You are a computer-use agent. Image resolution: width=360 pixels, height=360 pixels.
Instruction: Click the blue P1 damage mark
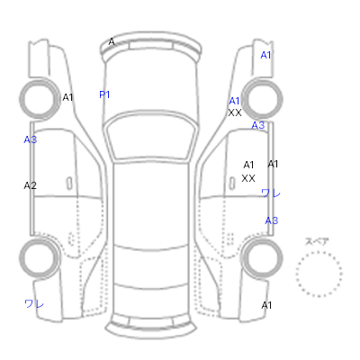click(x=104, y=94)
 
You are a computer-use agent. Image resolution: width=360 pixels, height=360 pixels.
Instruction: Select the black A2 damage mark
click(x=30, y=185)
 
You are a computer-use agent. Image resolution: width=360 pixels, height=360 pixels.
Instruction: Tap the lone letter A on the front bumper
click(x=112, y=41)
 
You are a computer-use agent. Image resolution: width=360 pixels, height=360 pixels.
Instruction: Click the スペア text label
click(x=317, y=242)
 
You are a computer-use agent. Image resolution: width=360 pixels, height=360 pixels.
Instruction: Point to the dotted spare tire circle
click(x=319, y=252)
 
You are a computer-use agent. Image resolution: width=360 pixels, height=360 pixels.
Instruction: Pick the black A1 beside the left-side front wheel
click(x=67, y=97)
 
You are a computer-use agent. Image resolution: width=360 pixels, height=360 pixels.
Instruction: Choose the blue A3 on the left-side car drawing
click(x=31, y=139)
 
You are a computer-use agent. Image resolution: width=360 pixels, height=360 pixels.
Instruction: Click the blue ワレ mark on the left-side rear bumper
click(x=34, y=303)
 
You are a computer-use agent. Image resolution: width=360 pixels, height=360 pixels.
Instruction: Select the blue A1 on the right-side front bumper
click(x=265, y=55)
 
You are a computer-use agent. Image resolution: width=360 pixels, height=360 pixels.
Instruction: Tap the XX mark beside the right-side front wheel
click(x=235, y=113)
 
